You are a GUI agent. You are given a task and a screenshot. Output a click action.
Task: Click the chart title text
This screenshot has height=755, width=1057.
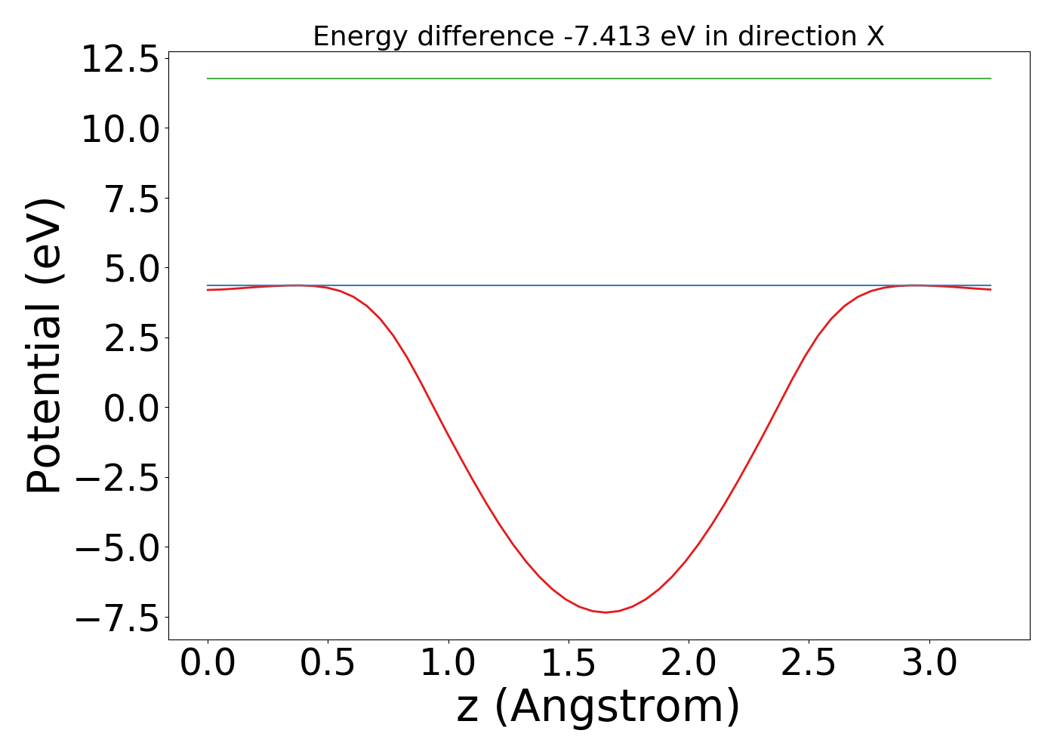(598, 36)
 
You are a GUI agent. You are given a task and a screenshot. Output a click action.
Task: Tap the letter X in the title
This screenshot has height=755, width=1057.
(875, 36)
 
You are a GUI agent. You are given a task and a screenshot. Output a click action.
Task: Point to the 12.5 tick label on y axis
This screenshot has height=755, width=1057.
(120, 60)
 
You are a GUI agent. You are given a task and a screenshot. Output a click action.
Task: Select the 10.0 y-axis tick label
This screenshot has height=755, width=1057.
(120, 129)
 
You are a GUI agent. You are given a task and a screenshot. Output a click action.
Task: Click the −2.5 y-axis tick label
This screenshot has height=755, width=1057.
(120, 479)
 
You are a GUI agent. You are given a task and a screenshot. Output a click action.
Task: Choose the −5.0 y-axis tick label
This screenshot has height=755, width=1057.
(120, 548)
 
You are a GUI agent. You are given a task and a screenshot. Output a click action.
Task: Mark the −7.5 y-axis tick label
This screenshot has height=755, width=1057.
(120, 618)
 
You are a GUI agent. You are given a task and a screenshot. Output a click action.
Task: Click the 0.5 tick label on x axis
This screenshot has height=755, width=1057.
(328, 664)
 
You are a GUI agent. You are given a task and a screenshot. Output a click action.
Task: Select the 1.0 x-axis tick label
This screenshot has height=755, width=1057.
(448, 664)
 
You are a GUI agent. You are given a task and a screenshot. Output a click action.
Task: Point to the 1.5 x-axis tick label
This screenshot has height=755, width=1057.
(568, 664)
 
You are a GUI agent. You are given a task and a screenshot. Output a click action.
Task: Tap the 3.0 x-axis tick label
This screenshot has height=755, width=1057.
(929, 664)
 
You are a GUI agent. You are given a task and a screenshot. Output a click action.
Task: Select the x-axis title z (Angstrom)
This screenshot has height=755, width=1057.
(598, 707)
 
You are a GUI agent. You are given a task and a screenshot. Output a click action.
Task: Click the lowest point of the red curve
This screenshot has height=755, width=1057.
(606, 612)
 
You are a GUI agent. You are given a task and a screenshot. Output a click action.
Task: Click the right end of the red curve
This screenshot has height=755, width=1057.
(990, 289)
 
